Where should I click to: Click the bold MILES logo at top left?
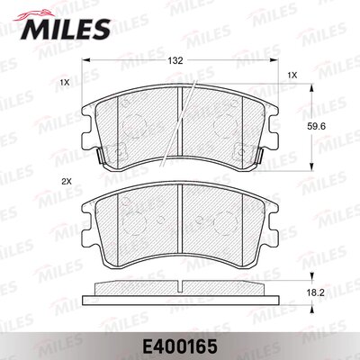tap(66, 29)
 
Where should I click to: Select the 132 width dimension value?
tap(175, 61)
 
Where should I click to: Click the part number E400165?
tap(180, 346)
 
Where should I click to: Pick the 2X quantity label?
tap(66, 181)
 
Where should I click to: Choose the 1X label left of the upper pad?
tap(65, 82)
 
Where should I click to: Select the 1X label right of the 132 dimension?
tap(292, 76)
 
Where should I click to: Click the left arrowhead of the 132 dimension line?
tap(86, 60)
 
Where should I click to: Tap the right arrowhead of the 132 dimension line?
tap(274, 60)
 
